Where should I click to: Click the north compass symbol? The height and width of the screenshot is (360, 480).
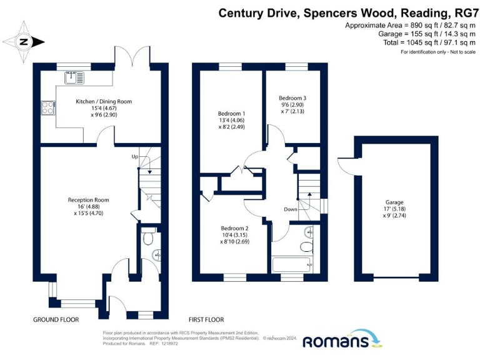click(x=24, y=42)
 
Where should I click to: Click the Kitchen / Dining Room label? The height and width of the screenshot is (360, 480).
click(x=104, y=101)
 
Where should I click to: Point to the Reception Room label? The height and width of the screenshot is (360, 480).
click(x=88, y=200)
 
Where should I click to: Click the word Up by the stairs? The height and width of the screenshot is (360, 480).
click(x=134, y=156)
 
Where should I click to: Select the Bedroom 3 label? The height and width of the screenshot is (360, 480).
click(x=292, y=98)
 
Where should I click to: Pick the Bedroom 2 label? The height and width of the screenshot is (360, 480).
click(x=234, y=228)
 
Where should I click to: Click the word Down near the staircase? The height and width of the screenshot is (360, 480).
click(x=291, y=209)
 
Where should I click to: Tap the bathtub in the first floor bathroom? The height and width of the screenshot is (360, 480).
click(x=292, y=264)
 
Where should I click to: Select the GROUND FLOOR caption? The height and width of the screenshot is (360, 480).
click(x=56, y=319)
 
